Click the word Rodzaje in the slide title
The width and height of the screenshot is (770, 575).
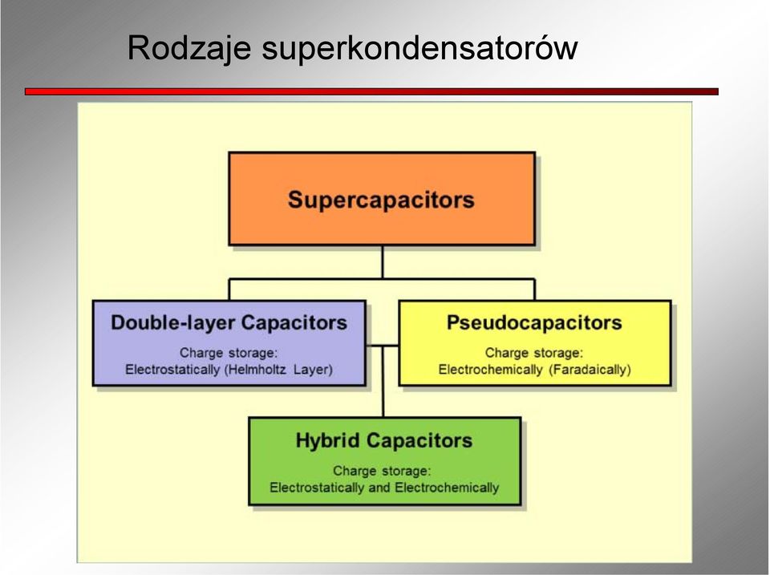(x=189, y=49)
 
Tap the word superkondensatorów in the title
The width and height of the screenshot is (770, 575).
(x=419, y=49)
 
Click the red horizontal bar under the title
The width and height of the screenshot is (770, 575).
(x=371, y=91)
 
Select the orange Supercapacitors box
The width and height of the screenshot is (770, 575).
(x=382, y=198)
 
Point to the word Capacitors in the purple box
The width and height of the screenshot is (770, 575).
(x=294, y=322)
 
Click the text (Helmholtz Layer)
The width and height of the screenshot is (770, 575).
(x=278, y=369)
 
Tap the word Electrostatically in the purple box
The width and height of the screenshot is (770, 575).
(x=172, y=369)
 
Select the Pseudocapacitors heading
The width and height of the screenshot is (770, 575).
(x=534, y=322)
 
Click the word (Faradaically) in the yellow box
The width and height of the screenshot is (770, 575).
(x=590, y=369)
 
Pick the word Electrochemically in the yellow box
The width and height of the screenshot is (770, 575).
(x=490, y=369)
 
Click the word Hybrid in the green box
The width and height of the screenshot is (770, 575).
(x=327, y=440)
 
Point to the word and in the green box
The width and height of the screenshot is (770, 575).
(x=379, y=488)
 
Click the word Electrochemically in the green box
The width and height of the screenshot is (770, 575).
(x=447, y=488)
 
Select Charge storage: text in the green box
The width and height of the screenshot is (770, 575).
(x=382, y=471)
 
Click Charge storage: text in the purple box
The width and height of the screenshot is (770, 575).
(x=229, y=353)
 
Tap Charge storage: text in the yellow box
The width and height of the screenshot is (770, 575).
(x=534, y=353)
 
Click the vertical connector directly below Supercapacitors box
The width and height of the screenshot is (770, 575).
(x=382, y=262)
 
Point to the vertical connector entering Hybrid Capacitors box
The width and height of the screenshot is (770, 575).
(x=383, y=382)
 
